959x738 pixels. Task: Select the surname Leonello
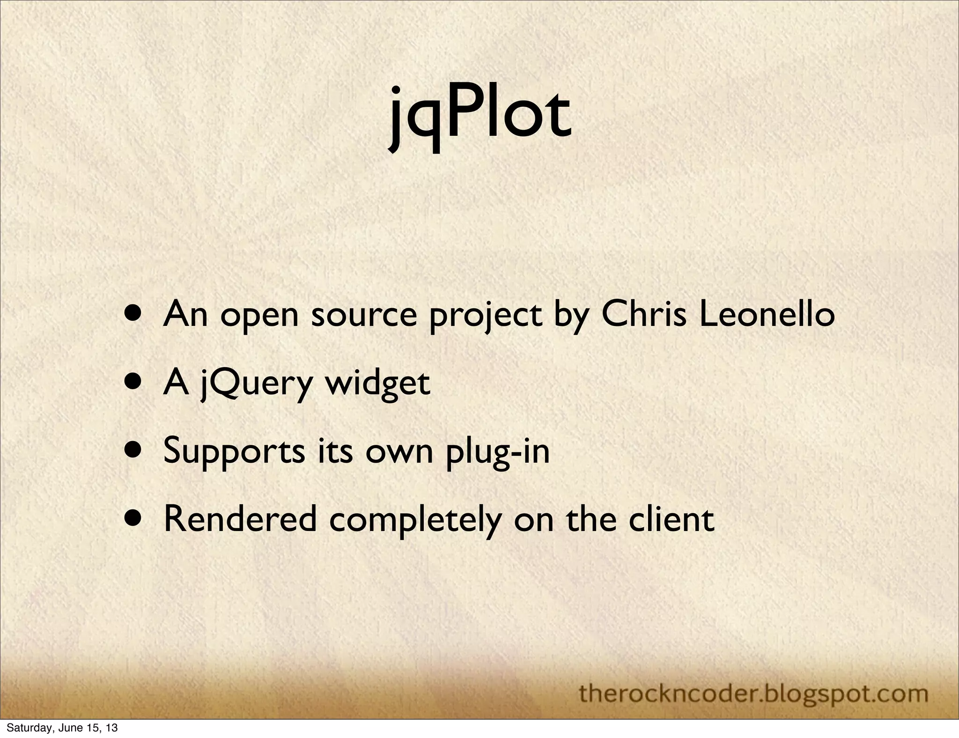pos(767,314)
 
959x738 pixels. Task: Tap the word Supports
pos(234,451)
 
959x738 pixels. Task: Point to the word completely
pos(415,520)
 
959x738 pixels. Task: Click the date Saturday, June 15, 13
pos(62,728)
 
